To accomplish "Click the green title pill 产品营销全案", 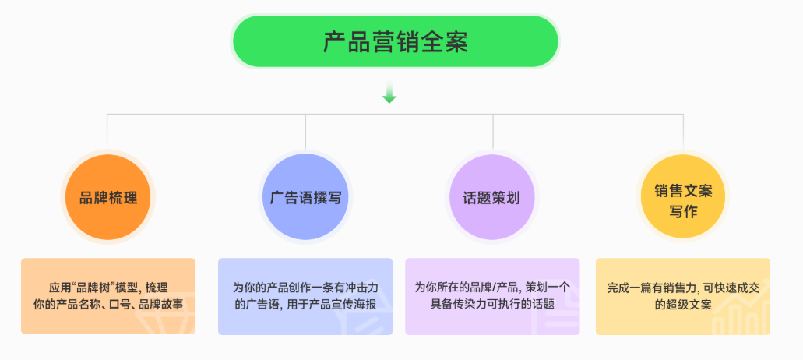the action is click(x=395, y=41).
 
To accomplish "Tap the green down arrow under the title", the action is click(x=389, y=94).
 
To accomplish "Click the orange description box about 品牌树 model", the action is click(x=108, y=296).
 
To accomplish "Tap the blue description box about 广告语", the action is click(x=305, y=296).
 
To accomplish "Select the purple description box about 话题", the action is click(x=492, y=296).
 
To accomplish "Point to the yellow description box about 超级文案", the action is click(x=683, y=296).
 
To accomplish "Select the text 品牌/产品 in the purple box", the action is click(x=499, y=288).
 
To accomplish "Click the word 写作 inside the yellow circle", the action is click(x=683, y=210).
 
